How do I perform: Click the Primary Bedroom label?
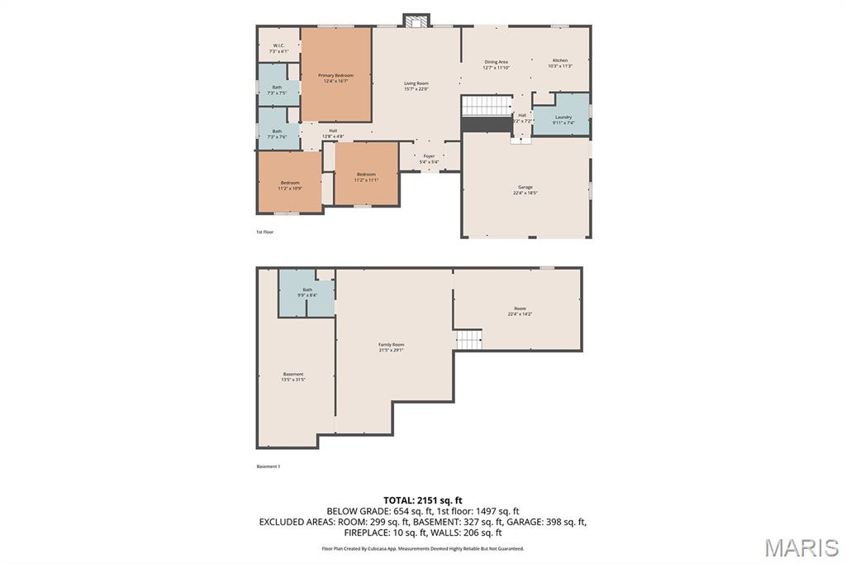pyautogui.click(x=335, y=78)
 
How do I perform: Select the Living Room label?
pyautogui.click(x=416, y=86)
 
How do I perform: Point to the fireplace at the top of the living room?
pyautogui.click(x=416, y=20)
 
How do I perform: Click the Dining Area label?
pyautogui.click(x=496, y=65)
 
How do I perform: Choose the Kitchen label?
pyautogui.click(x=560, y=64)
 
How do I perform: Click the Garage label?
pyautogui.click(x=525, y=190)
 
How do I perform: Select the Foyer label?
pyautogui.click(x=430, y=159)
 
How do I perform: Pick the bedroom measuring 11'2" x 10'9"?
pyautogui.click(x=289, y=185)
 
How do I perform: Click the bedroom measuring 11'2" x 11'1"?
pyautogui.click(x=366, y=176)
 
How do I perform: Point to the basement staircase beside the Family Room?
pyautogui.click(x=468, y=340)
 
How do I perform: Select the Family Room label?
pyautogui.click(x=392, y=347)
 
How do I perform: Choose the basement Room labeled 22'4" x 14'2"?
pyautogui.click(x=520, y=311)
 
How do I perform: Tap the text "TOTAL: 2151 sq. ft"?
pyautogui.click(x=422, y=500)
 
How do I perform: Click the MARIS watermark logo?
pyautogui.click(x=801, y=547)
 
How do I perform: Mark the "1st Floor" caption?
pyautogui.click(x=264, y=232)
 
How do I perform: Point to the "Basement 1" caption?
pyautogui.click(x=268, y=466)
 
